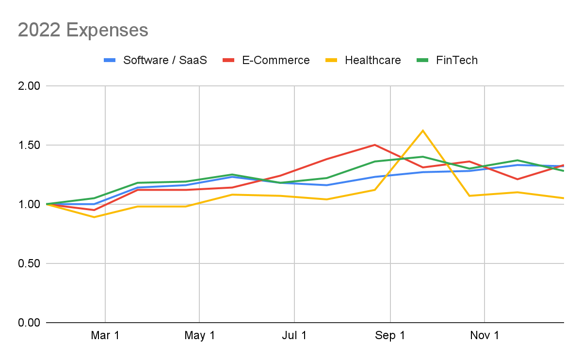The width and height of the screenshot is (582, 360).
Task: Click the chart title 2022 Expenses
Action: pos(83,30)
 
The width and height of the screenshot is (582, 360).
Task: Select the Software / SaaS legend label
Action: pos(165,60)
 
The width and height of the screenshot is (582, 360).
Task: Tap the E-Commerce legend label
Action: pos(275,60)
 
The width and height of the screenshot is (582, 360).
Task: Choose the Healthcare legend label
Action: pos(373,60)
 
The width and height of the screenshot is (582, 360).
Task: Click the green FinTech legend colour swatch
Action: pos(423,60)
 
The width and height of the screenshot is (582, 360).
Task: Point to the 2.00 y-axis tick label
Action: pos(29,86)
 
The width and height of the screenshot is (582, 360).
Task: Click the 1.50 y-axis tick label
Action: pos(29,145)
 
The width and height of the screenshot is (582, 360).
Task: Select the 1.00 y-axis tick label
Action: pos(29,204)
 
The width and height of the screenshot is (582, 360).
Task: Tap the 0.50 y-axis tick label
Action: pos(29,263)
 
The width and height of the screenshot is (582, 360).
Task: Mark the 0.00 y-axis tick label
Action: pos(29,323)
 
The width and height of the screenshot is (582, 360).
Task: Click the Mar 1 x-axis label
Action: pos(105,335)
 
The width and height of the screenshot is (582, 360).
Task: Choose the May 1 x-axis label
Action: pos(200,335)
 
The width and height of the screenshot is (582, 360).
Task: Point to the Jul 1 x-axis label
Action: pos(294,335)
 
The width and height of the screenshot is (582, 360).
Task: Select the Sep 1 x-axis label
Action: pos(390,335)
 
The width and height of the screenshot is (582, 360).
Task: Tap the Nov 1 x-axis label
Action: pos(485,335)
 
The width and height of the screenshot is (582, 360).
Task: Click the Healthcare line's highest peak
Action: pos(423,131)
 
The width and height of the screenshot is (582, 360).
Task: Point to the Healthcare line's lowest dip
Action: pos(94,217)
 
